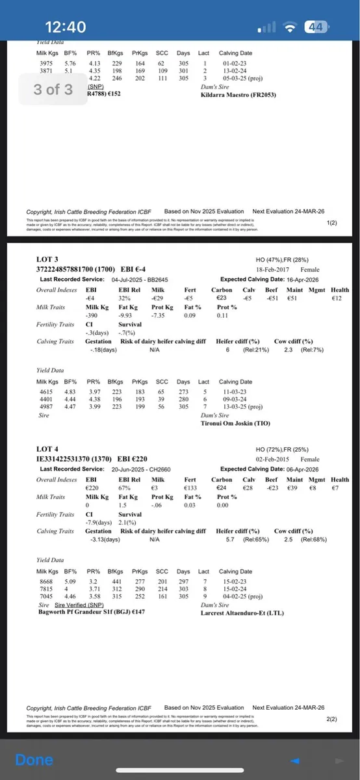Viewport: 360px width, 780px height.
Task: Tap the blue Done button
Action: point(34,760)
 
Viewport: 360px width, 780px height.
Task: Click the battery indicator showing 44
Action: point(317,27)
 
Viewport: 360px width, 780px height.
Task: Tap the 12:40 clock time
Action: point(65,27)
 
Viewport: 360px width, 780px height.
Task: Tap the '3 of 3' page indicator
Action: point(53,88)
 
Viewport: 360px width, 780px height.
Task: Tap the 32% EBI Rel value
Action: point(127,298)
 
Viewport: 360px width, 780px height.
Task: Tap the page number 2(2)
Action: point(331,719)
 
